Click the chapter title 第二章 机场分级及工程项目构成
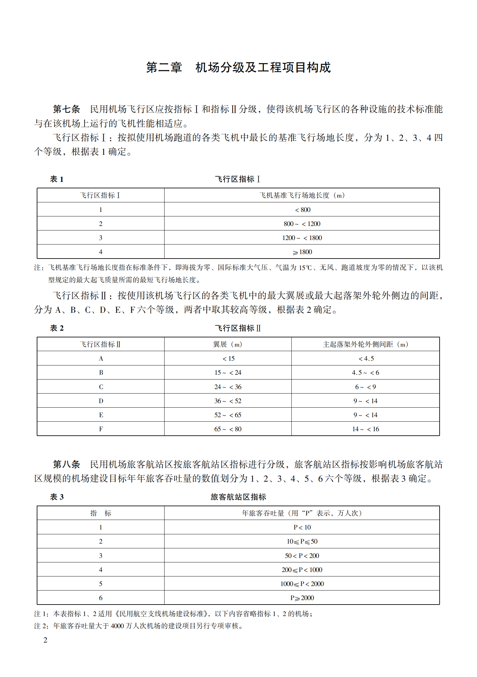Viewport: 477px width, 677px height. (x=238, y=68)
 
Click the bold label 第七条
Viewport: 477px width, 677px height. (x=66, y=109)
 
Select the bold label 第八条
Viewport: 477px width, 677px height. (x=66, y=464)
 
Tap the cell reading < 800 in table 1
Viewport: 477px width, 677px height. (x=302, y=210)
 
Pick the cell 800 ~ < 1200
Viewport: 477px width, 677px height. (x=302, y=224)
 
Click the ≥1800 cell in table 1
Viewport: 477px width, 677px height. (x=302, y=252)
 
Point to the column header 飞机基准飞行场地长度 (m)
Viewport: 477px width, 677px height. (x=302, y=195)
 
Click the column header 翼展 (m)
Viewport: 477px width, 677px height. (x=228, y=344)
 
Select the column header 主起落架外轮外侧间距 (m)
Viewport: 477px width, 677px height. (x=365, y=344)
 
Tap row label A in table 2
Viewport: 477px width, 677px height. (x=101, y=358)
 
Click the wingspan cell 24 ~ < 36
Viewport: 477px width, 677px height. (x=228, y=387)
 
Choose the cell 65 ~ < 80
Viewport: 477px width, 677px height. (x=228, y=429)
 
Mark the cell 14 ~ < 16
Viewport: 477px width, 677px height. (x=365, y=429)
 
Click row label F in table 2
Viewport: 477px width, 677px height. (x=101, y=429)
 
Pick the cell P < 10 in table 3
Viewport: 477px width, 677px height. (x=302, y=527)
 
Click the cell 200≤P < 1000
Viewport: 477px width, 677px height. (x=302, y=570)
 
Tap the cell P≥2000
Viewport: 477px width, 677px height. (x=302, y=598)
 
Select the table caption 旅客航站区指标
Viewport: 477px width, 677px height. (x=238, y=497)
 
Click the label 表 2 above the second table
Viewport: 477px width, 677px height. (x=57, y=328)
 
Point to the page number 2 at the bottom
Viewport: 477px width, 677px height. (x=45, y=640)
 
